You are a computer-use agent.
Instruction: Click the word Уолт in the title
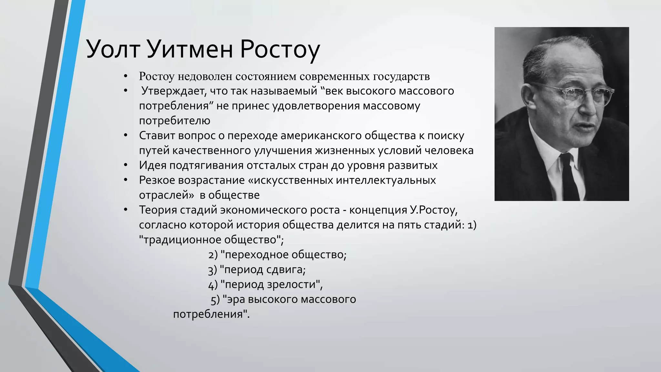tap(113, 49)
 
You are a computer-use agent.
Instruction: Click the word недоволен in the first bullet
tap(205, 77)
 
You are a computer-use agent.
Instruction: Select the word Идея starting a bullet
tap(152, 165)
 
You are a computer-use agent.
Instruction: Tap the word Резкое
tap(157, 180)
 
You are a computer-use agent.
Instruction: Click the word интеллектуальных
tap(385, 180)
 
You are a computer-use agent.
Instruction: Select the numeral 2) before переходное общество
tap(213, 255)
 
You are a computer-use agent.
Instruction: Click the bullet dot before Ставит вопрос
tap(126, 135)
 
